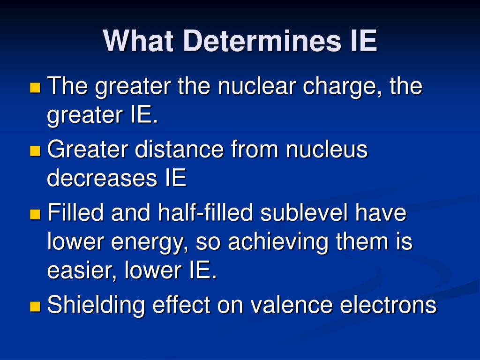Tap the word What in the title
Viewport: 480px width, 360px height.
click(139, 41)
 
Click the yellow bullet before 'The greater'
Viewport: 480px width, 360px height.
click(36, 87)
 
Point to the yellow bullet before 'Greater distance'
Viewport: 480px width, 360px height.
click(36, 151)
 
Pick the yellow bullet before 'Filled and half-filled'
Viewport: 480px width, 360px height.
click(36, 214)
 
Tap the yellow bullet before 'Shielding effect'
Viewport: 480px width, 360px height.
click(36, 307)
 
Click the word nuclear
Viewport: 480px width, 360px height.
click(256, 86)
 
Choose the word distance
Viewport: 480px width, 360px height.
click(179, 149)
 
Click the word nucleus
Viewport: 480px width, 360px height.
click(327, 150)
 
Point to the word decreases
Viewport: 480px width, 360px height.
click(102, 178)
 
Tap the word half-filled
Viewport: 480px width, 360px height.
click(205, 212)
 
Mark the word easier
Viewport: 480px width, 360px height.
click(82, 271)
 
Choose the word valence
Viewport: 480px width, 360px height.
click(292, 305)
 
